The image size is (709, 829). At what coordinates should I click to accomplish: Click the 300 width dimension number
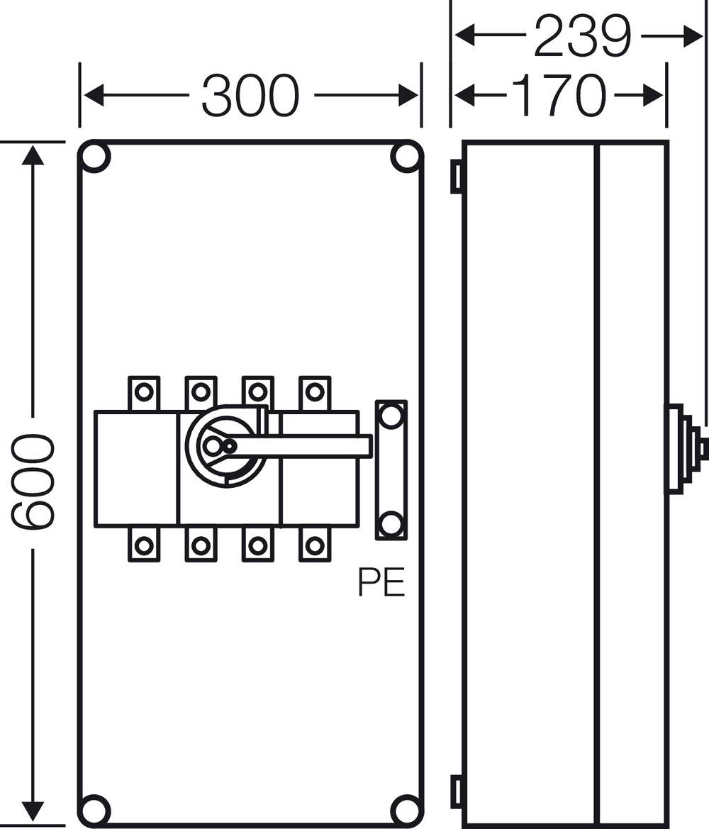pos(251,95)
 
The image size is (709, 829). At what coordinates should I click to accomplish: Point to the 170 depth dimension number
pos(559,95)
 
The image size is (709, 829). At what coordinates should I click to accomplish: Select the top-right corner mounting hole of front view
pos(406,157)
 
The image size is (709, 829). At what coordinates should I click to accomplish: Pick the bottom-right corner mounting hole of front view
pos(406,808)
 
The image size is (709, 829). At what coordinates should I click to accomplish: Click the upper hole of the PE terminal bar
pos(390,416)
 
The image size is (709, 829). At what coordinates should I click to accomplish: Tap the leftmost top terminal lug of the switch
pos(144,391)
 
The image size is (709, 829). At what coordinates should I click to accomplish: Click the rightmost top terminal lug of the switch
pos(314,391)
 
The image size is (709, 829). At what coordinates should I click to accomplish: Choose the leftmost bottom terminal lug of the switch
pos(144,545)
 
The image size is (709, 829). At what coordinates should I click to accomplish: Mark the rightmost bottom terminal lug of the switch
pos(314,545)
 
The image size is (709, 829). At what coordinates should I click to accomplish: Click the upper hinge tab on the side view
pos(457,176)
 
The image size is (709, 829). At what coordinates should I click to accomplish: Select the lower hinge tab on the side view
pos(457,791)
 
